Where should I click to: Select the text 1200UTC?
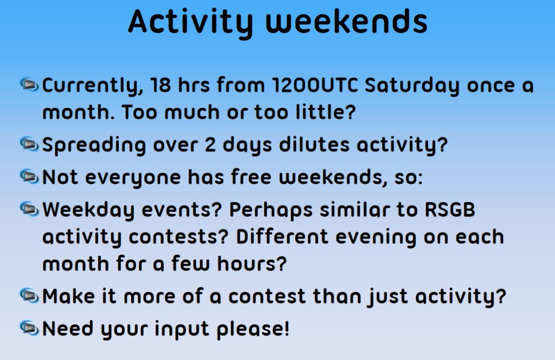315,86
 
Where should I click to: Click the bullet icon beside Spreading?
29,144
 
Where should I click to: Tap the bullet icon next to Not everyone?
29,176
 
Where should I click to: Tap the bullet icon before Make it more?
29,295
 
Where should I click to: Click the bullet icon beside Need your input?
29,327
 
